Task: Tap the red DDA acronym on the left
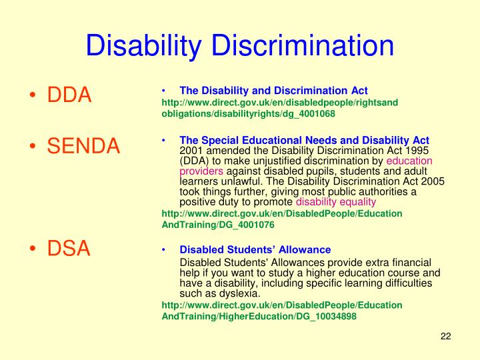[x=69, y=95]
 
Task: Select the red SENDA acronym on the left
[x=83, y=145]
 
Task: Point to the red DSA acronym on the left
[x=68, y=249]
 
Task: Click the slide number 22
[x=446, y=336]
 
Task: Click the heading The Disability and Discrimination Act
[x=273, y=90]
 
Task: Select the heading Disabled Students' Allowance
[x=255, y=249]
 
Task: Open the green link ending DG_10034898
[x=259, y=317]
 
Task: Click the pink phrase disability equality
[x=336, y=201]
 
